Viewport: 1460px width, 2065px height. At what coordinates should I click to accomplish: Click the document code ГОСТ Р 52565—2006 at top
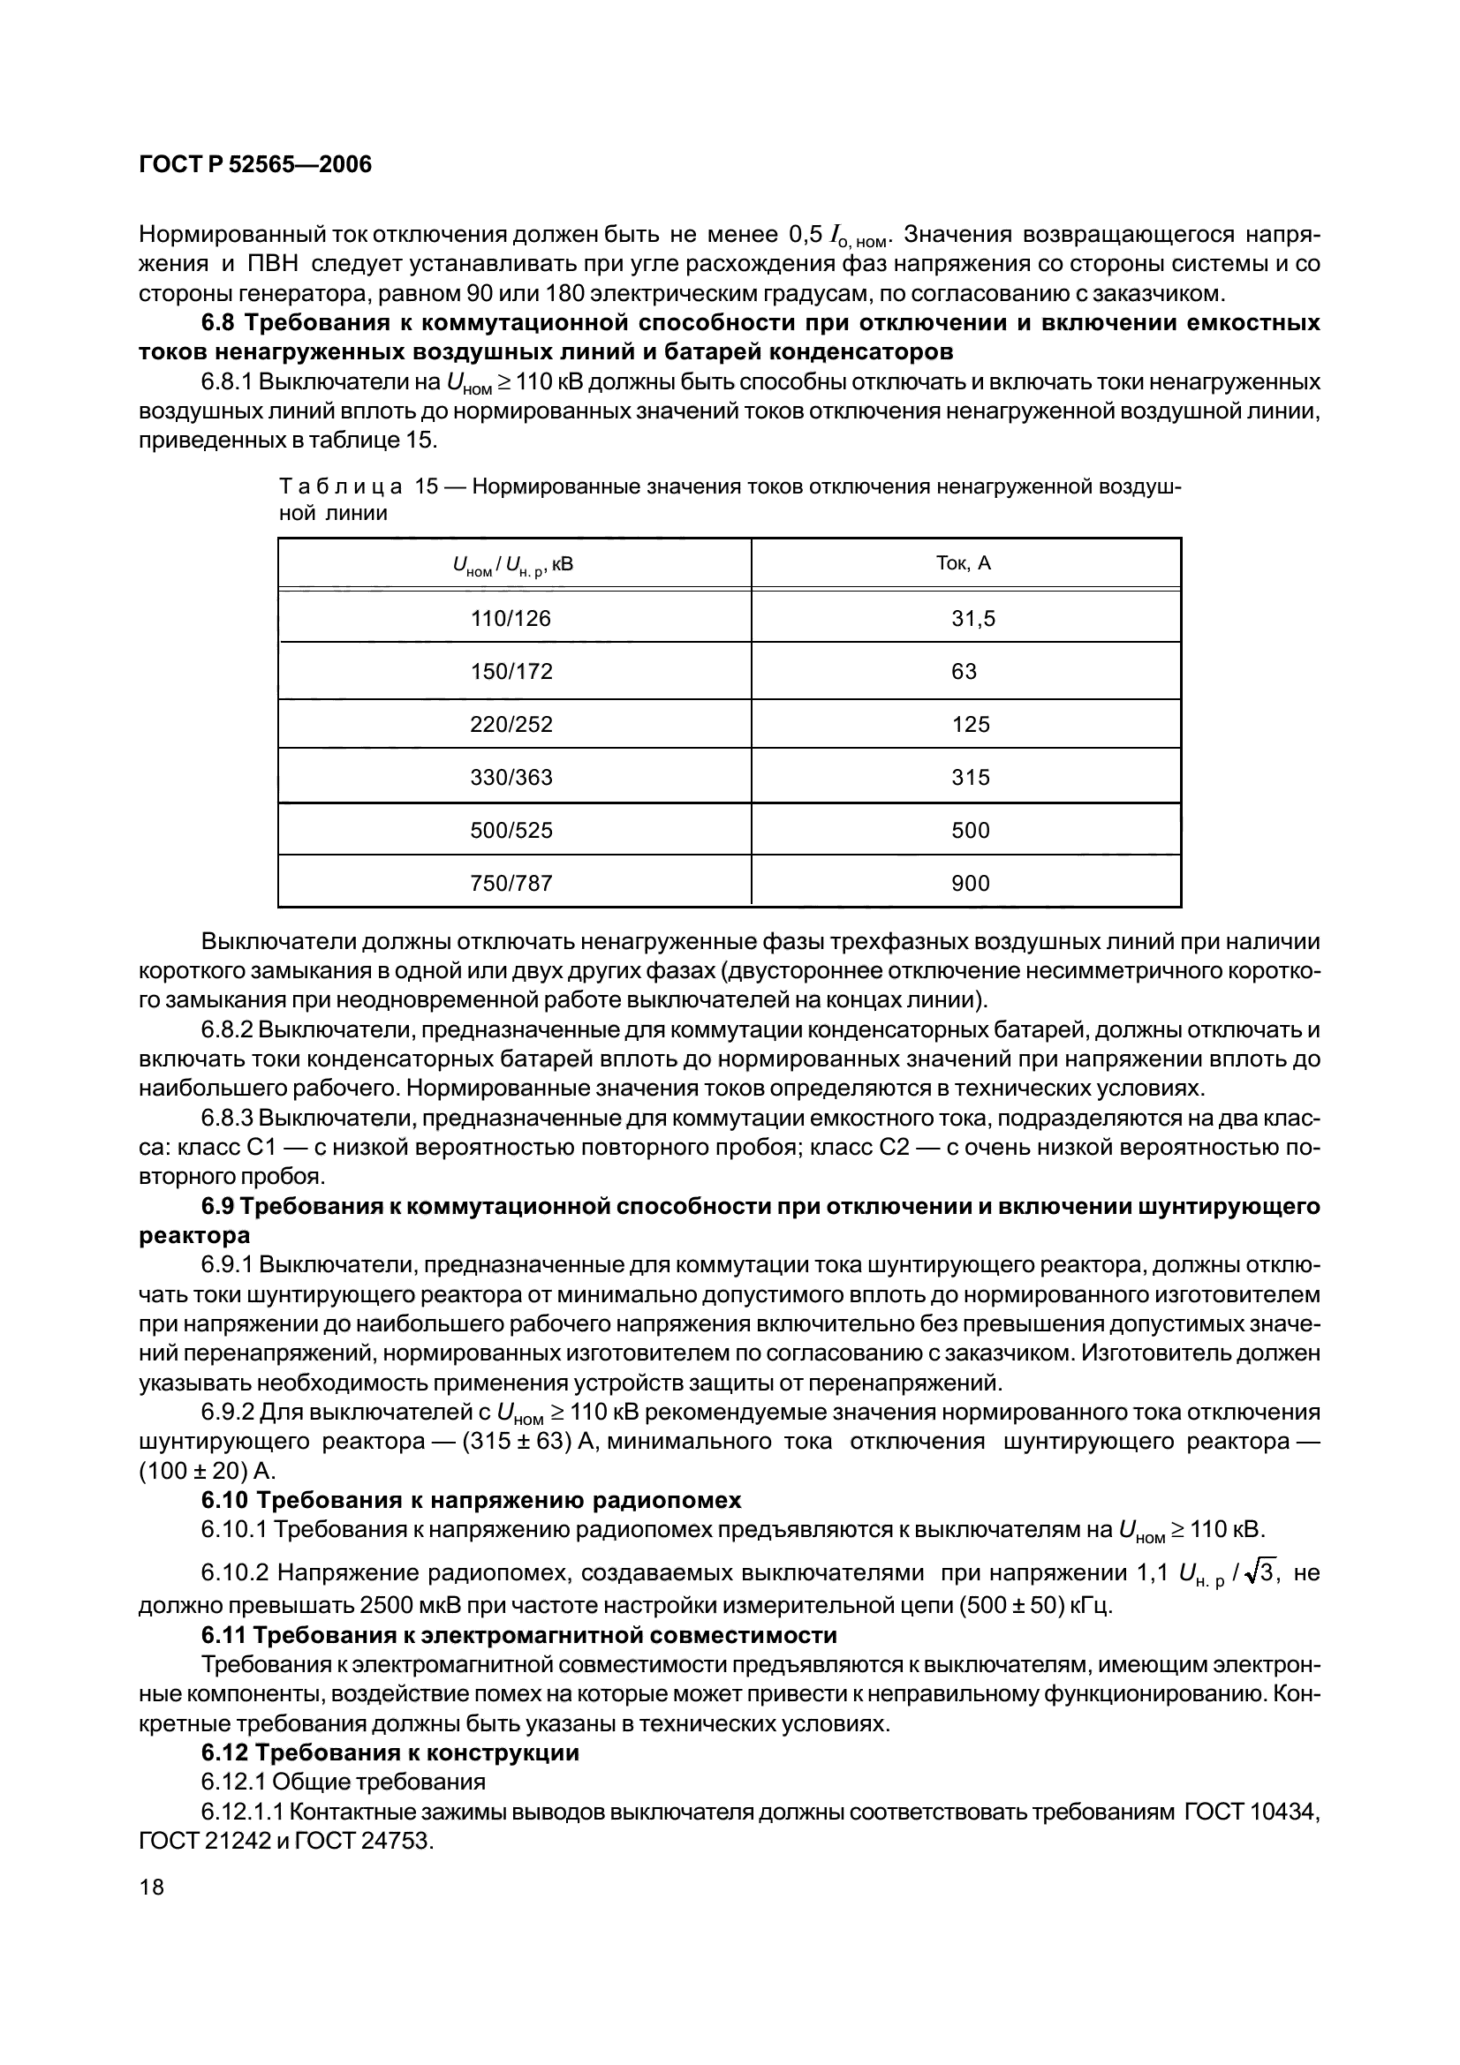click(255, 165)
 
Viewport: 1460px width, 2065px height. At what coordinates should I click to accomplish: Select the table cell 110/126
click(511, 619)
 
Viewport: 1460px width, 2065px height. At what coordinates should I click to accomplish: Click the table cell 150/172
click(511, 672)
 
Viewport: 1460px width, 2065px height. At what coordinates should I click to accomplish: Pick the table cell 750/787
click(511, 883)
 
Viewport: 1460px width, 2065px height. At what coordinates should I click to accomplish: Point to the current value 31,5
click(973, 619)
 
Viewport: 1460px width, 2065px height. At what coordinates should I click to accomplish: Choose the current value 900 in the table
click(971, 883)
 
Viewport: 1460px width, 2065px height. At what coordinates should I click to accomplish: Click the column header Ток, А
click(964, 564)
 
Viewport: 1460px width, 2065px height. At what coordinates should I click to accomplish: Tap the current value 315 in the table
click(971, 777)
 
